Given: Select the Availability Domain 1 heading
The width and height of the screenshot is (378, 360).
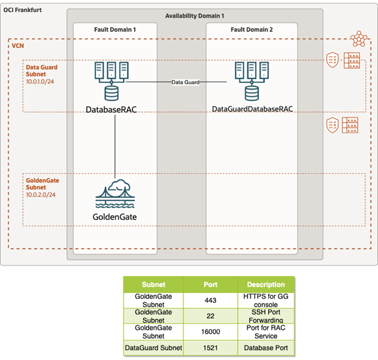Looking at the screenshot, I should point(195,14).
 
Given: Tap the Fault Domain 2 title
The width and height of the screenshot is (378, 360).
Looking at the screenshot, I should point(251,30).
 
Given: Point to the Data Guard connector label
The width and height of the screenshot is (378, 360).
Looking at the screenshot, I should point(185,82).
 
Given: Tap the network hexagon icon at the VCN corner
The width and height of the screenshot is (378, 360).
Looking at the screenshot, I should point(359,38).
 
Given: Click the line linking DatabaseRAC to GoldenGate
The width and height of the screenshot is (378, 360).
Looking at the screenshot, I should point(116,145).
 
